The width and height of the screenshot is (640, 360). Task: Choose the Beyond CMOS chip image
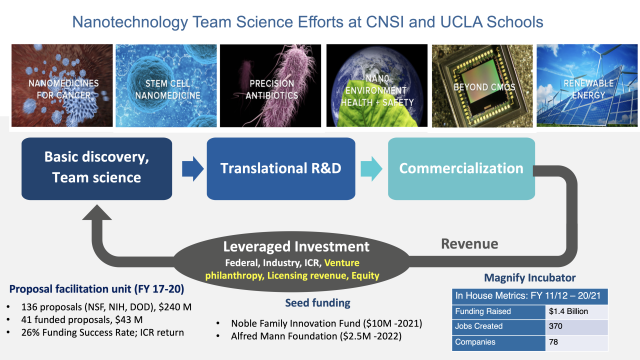tap(478, 84)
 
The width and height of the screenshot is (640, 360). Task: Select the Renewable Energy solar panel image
tap(583, 84)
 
